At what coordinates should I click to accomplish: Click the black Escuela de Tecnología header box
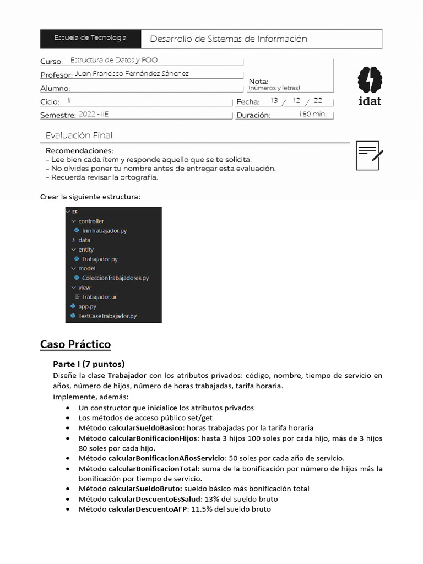tap(90, 39)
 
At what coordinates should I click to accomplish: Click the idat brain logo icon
tap(369, 80)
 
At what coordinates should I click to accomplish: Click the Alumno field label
tap(55, 88)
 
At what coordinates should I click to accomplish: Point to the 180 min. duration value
tap(313, 115)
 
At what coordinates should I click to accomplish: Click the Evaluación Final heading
tap(79, 135)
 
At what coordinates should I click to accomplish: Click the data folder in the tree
tap(84, 240)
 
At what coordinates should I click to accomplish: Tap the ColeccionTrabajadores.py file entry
tap(115, 278)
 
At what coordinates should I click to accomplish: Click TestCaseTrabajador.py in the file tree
tap(107, 316)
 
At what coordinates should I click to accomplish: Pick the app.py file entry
tap(88, 306)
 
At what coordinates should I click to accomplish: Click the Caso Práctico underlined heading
tap(75, 345)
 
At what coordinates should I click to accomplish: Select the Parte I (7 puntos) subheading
tap(89, 364)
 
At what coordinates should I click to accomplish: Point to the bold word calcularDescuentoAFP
tap(148, 509)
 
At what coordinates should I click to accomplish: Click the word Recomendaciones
tap(79, 151)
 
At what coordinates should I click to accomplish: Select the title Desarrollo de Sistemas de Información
tap(229, 39)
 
